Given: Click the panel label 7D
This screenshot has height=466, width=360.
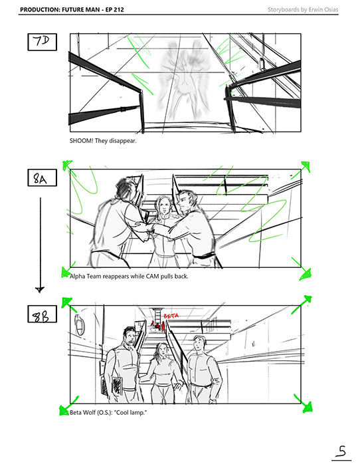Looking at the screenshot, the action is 42,42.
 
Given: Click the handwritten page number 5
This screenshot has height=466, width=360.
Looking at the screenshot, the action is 341,451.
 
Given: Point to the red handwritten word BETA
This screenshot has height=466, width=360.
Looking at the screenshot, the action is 171,315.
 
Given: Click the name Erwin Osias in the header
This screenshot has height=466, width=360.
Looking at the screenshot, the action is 323,9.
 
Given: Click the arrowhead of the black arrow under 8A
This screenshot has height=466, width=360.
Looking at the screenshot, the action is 40,289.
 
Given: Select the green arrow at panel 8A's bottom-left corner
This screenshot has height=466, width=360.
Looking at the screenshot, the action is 68,270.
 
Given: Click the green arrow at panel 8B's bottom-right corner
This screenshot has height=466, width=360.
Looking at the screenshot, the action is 304,404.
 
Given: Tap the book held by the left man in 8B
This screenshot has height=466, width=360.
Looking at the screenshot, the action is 118,386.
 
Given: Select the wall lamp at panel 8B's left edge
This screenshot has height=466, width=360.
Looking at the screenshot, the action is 79,324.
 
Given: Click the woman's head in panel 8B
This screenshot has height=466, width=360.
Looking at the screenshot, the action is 161,351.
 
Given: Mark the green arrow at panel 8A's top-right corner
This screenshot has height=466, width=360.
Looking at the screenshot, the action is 301,170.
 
